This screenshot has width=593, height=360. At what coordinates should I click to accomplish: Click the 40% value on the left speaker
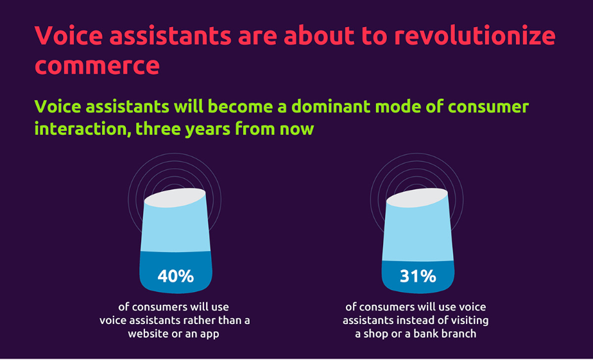(x=175, y=277)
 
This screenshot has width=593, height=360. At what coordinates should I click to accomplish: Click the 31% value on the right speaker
(x=418, y=277)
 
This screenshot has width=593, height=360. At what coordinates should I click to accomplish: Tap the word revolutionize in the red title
(x=475, y=35)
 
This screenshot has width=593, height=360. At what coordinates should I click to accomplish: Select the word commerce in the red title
(x=97, y=66)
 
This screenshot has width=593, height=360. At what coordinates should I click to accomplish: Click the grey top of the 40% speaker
(x=175, y=198)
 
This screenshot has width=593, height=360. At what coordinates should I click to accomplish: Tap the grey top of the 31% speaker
(x=418, y=198)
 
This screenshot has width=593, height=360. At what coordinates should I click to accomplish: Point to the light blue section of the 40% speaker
(x=175, y=229)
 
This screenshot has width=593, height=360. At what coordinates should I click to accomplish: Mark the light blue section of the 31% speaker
(x=418, y=234)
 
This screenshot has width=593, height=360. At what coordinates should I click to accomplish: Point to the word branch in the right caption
(x=459, y=334)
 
